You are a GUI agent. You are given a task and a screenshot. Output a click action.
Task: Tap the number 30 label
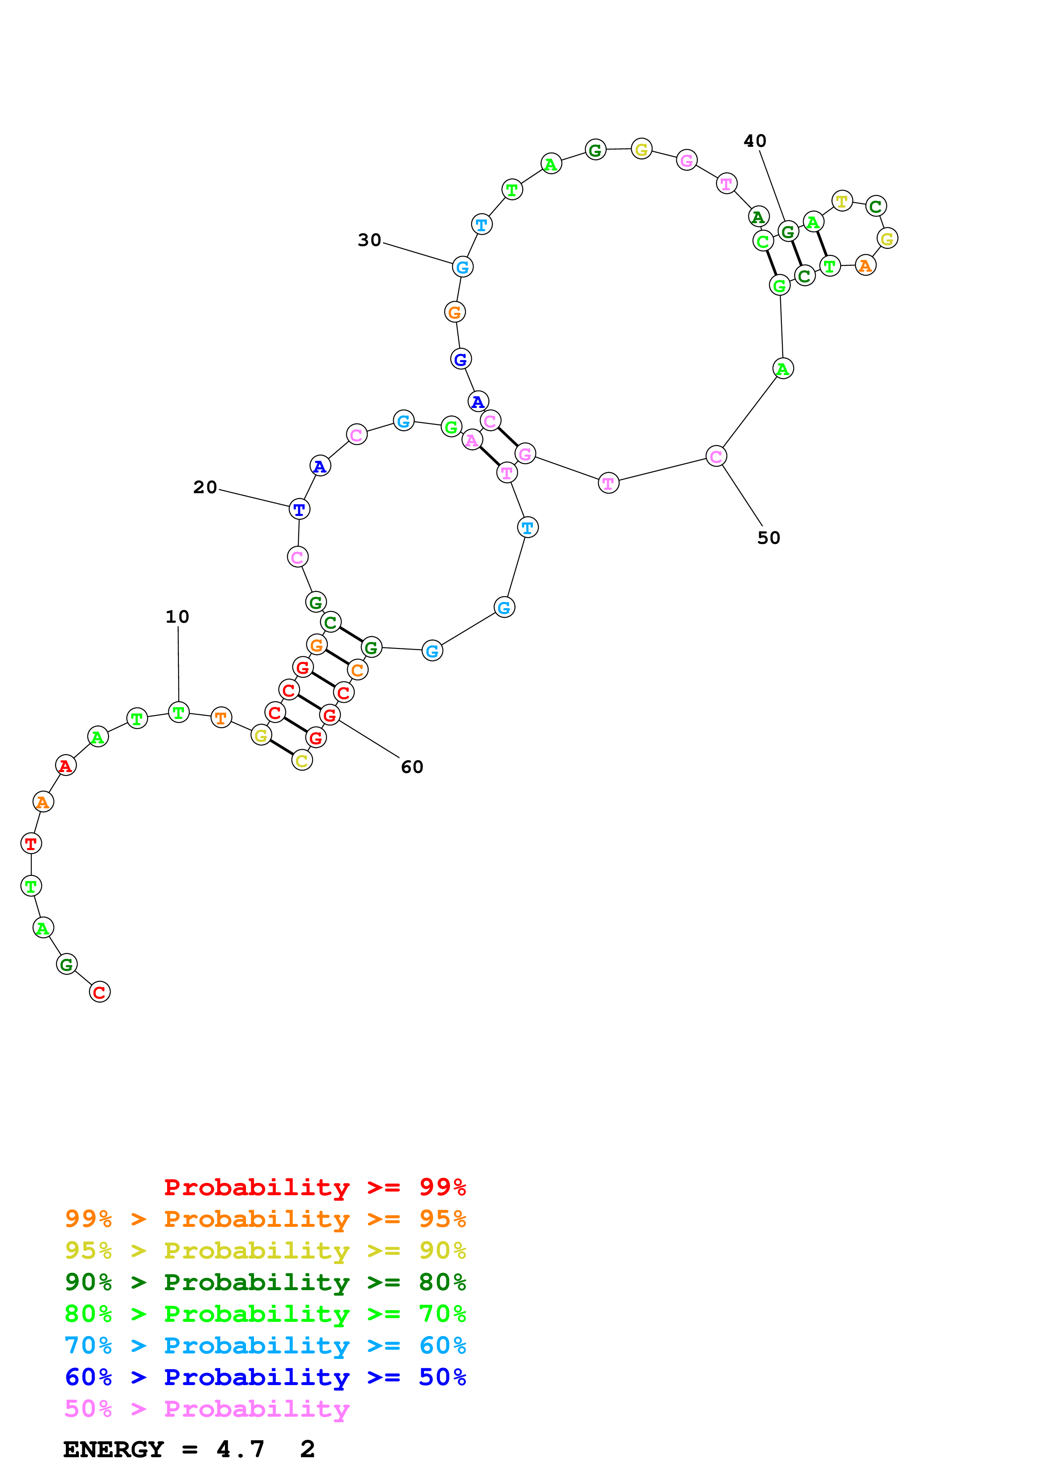click(369, 240)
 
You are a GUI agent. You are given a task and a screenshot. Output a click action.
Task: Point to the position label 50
click(768, 538)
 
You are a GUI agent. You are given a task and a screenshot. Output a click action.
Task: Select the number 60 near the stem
click(412, 767)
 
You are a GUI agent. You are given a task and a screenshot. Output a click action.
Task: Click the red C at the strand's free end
click(99, 992)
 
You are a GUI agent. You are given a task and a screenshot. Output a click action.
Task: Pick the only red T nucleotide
click(31, 843)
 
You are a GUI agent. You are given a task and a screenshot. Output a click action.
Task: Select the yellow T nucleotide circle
click(842, 201)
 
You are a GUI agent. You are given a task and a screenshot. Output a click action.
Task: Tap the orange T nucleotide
click(221, 718)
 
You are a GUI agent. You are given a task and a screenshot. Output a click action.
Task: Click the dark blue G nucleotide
click(460, 359)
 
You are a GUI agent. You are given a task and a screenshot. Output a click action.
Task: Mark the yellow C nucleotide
click(302, 761)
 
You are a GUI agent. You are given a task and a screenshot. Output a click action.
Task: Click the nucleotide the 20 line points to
click(299, 509)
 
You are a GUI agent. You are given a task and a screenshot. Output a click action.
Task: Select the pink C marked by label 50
click(716, 456)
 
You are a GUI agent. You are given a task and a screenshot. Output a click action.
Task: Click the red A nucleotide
click(66, 766)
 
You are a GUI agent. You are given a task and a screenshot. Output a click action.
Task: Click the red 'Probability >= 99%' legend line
click(314, 1187)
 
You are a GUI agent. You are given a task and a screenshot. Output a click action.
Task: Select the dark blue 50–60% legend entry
click(265, 1377)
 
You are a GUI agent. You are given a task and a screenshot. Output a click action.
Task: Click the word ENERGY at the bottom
click(114, 1449)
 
